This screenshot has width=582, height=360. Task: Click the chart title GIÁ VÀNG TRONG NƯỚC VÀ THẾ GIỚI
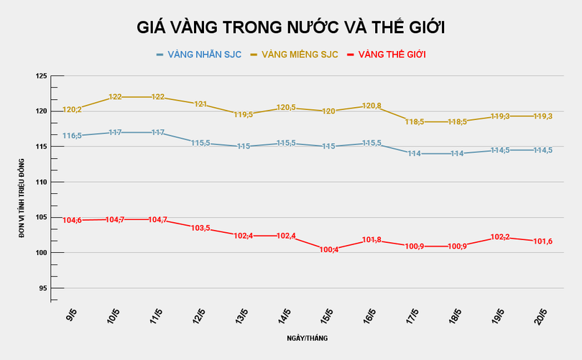(x=291, y=27)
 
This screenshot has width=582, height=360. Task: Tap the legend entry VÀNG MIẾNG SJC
(x=300, y=55)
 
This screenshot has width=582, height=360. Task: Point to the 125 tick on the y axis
(x=41, y=76)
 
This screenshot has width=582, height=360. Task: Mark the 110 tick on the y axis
(x=41, y=183)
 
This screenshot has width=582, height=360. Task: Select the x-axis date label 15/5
(x=326, y=317)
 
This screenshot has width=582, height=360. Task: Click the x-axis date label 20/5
(x=540, y=317)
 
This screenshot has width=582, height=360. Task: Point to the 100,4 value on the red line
(x=329, y=249)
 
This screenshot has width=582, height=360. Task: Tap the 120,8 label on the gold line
(x=371, y=106)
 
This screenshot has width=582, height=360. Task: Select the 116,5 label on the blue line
(x=72, y=135)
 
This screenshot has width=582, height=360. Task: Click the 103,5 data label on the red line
(x=200, y=228)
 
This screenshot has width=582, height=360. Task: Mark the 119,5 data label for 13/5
(x=242, y=114)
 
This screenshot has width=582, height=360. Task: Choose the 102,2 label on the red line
(x=499, y=237)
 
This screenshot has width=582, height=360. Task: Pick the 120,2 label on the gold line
(x=72, y=110)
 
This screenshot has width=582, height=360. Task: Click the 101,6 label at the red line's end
(x=542, y=241)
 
